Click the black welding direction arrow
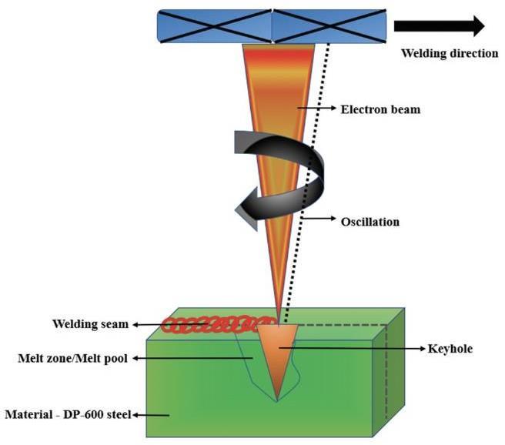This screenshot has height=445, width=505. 439,26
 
